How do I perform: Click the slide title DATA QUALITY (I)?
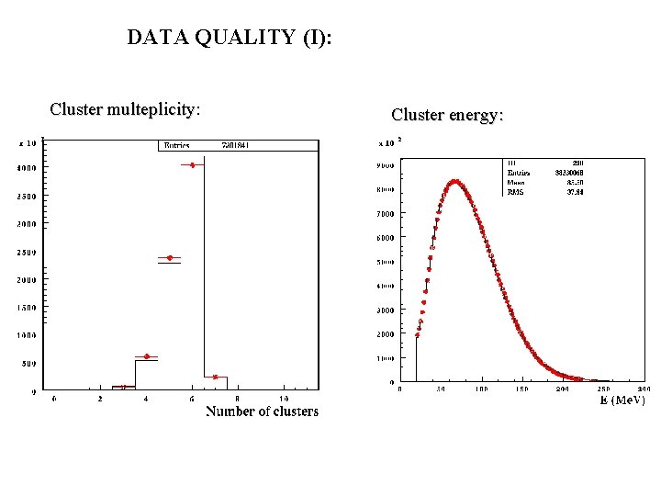[x=230, y=38]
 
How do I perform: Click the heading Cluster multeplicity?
[x=125, y=110]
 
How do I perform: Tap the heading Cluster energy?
[x=447, y=115]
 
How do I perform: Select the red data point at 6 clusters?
[x=192, y=165]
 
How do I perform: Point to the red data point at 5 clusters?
[x=169, y=258]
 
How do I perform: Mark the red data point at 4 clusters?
[x=146, y=356]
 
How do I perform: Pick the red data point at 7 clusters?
[x=215, y=377]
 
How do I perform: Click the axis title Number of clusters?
[x=262, y=411]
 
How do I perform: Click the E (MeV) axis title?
[x=622, y=400]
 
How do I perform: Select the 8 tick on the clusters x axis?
[x=238, y=399]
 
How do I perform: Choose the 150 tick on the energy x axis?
[x=521, y=389]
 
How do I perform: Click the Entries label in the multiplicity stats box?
[x=176, y=145]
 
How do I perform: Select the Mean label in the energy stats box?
[x=516, y=183]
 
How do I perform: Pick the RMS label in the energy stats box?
[x=515, y=192]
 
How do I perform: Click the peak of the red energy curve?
[x=454, y=181]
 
